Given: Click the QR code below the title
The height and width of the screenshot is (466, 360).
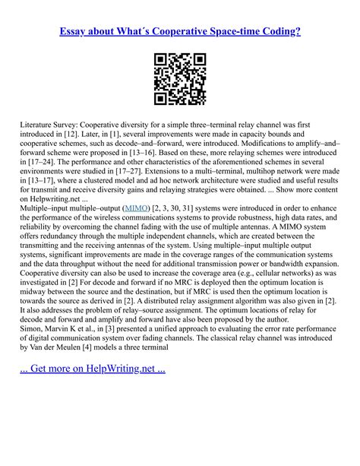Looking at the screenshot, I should coord(180,78).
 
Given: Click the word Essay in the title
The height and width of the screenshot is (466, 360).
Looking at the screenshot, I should coord(76,32).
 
